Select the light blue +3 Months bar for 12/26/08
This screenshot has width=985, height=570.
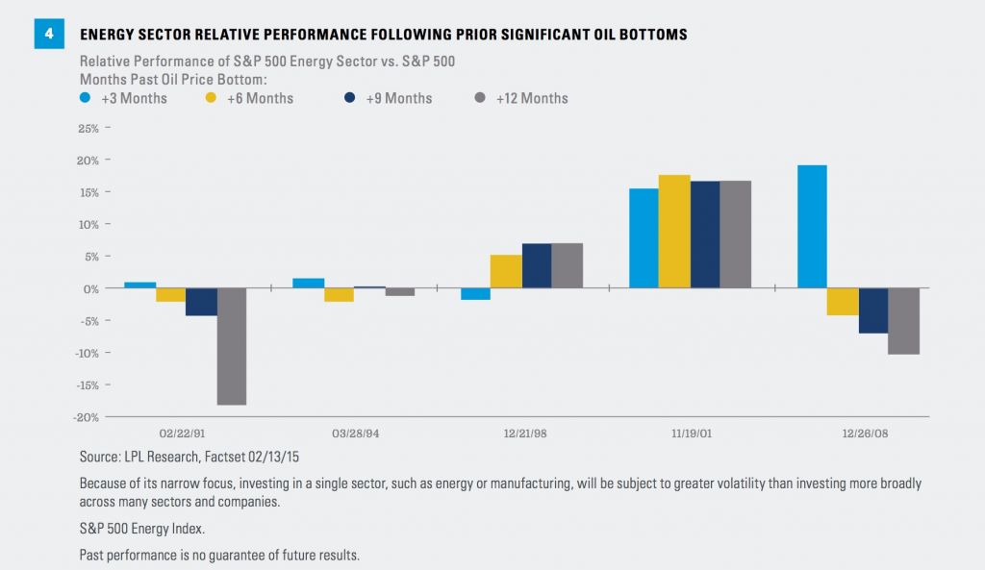(x=812, y=226)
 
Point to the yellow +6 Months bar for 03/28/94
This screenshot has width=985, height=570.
(x=338, y=295)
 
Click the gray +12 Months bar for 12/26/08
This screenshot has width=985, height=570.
(x=903, y=321)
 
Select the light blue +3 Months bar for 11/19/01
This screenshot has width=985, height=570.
(x=644, y=237)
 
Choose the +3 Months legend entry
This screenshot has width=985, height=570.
(x=125, y=98)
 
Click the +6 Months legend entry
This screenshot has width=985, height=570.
(x=253, y=98)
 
